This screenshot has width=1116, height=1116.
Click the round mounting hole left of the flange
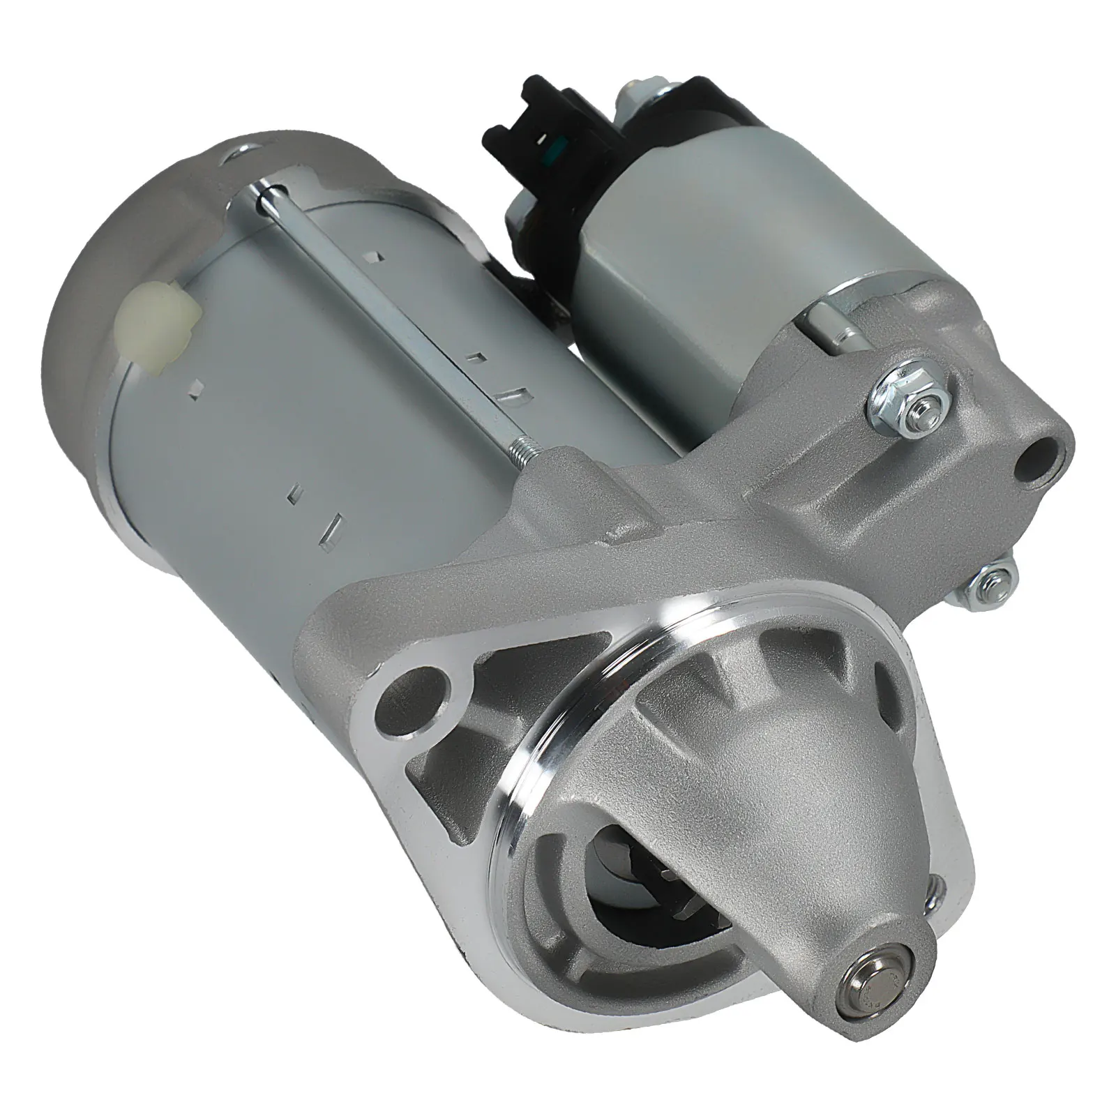423,690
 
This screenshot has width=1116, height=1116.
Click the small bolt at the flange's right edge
937,889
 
